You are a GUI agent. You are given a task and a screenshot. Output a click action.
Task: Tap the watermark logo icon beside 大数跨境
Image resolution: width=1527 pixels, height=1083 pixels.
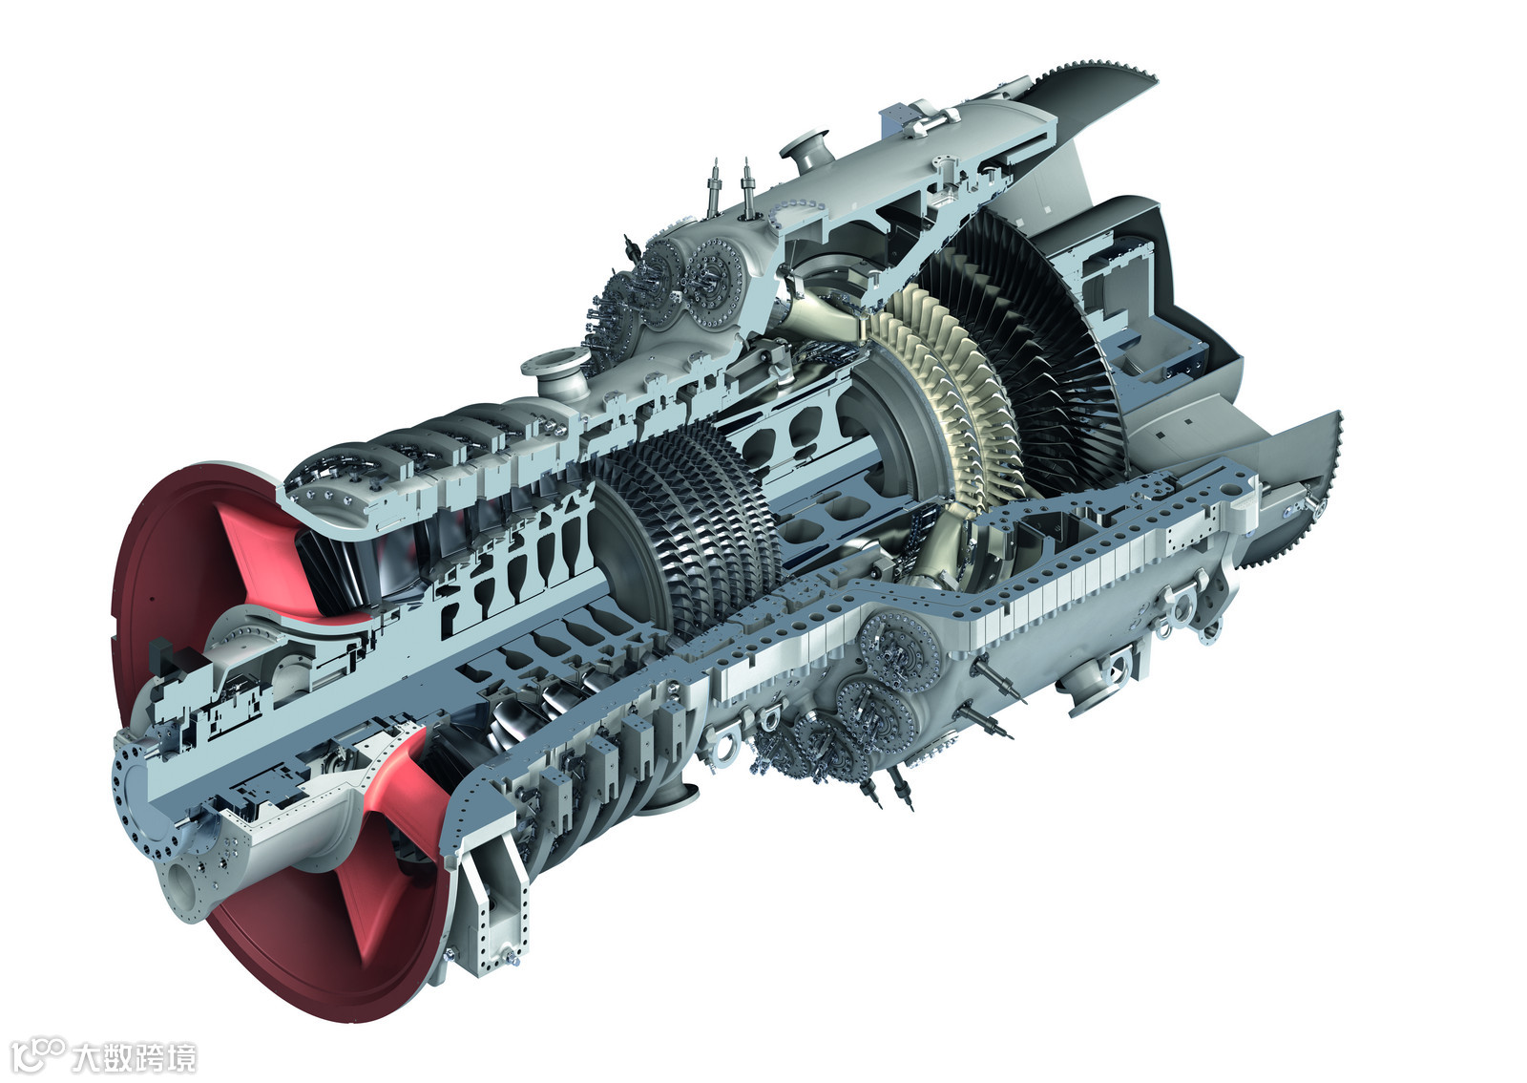coord(37,1053)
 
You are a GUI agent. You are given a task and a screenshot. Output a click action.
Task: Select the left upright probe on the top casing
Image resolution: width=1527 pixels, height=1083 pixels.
coord(714,188)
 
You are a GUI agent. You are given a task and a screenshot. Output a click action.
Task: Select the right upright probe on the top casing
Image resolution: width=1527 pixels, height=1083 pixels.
coord(747,187)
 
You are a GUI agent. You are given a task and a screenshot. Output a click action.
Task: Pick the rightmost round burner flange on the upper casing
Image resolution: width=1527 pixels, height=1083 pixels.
coord(714,284)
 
